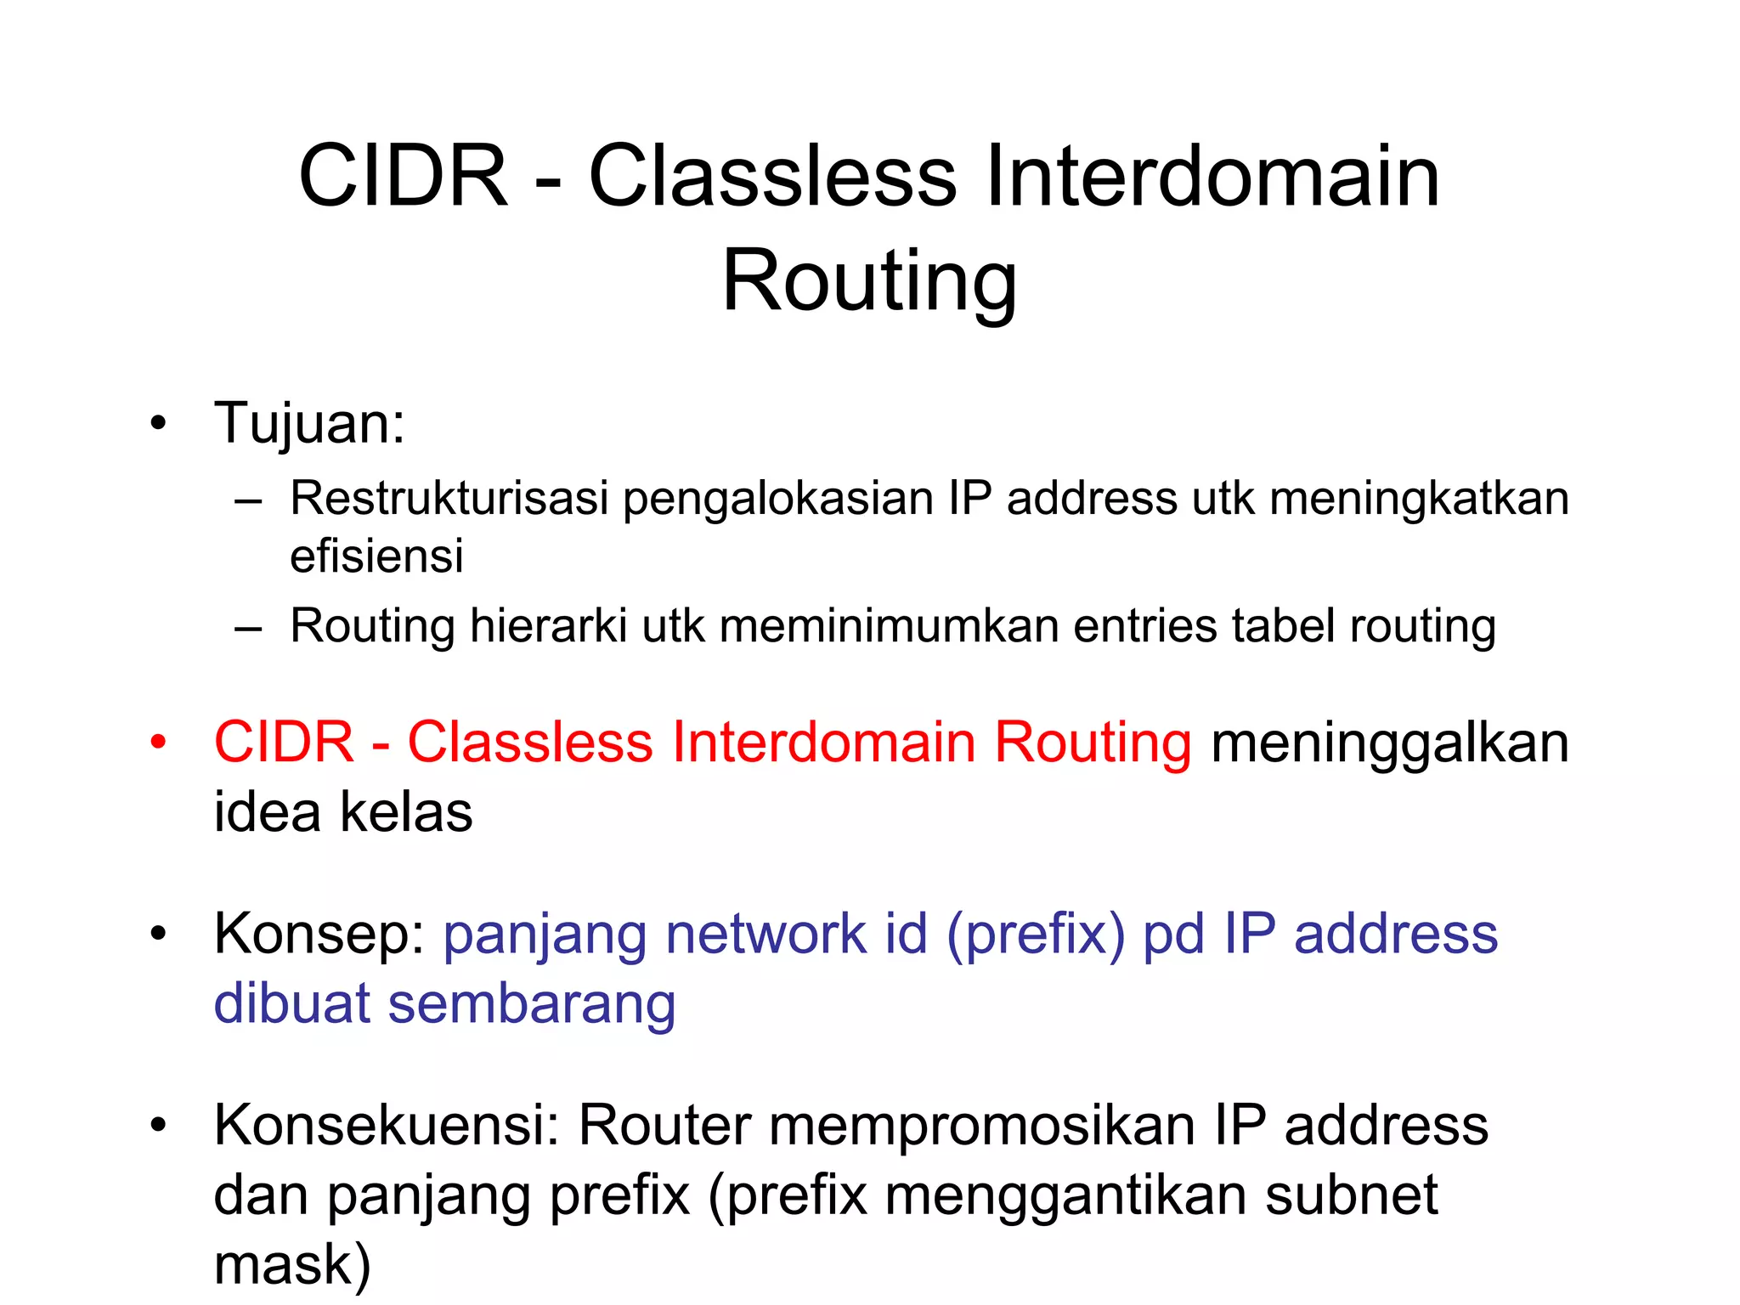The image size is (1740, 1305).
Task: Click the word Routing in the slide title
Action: [x=869, y=282]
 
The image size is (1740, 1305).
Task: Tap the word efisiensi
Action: [x=376, y=557]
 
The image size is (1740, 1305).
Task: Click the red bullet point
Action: [x=158, y=743]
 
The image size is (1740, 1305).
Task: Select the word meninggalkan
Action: [x=1389, y=743]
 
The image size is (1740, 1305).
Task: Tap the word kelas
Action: [x=406, y=812]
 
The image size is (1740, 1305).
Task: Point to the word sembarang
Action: [x=532, y=1004]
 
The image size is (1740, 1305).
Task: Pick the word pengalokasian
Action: [x=777, y=499]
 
